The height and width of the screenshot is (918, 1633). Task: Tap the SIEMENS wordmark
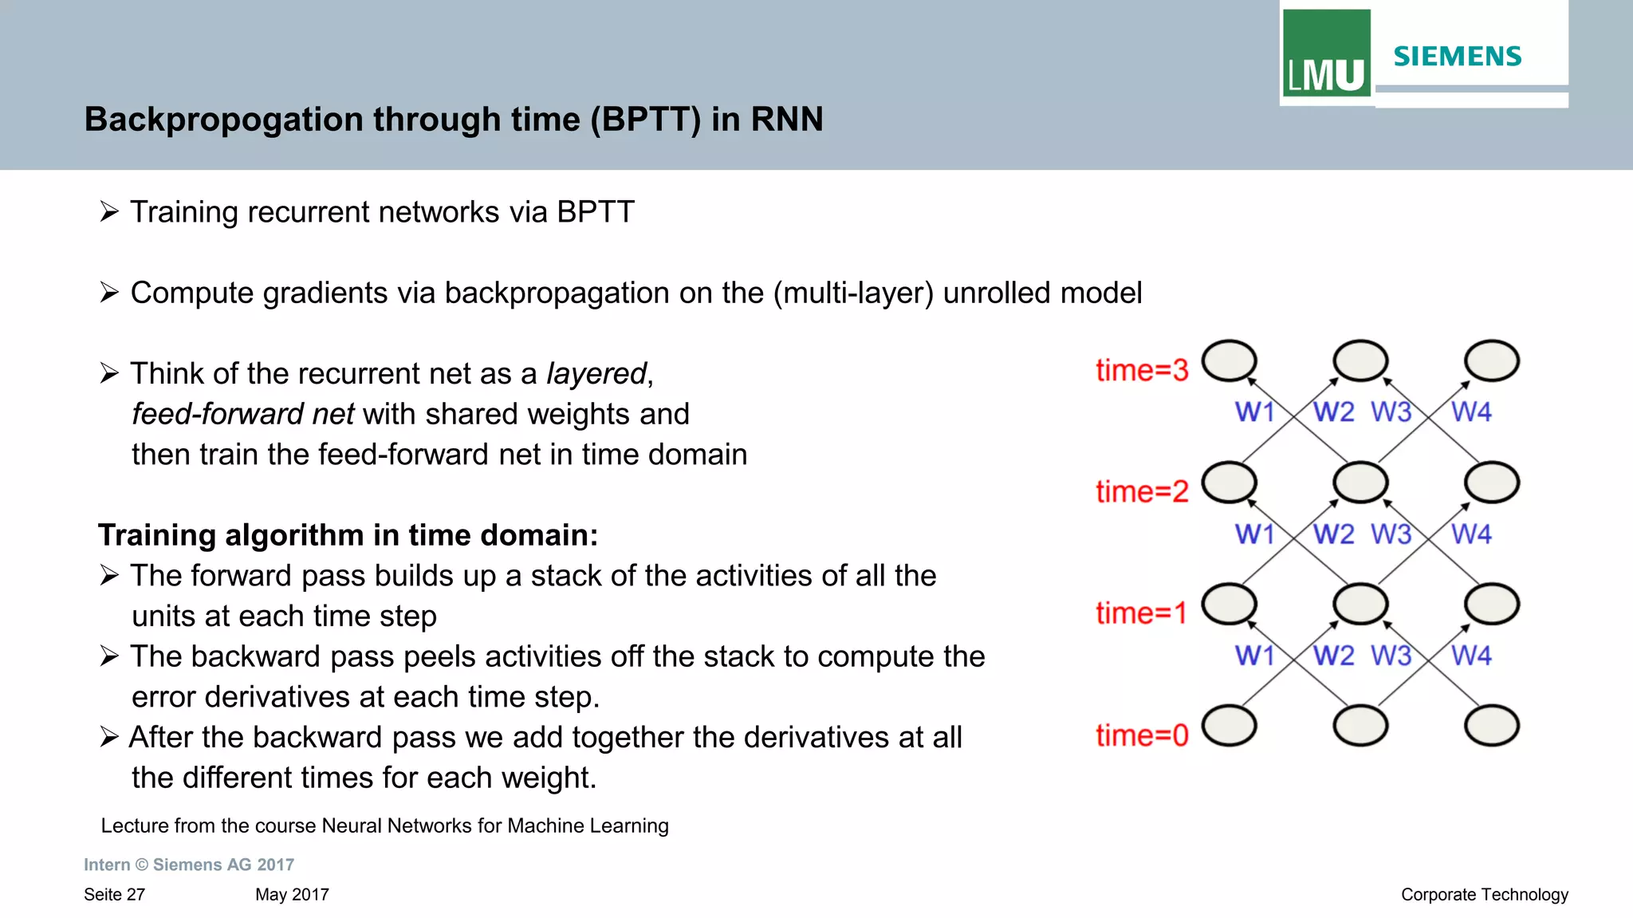coord(1457,57)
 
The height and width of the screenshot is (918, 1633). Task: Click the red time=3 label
coord(1141,371)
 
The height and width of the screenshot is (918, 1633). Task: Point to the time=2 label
coord(1141,492)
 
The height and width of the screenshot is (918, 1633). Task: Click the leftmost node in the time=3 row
coord(1229,361)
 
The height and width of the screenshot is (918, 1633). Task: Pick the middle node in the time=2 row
coord(1360,483)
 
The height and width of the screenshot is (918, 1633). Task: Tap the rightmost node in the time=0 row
coord(1491,726)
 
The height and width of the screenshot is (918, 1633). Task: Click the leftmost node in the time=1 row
coord(1229,605)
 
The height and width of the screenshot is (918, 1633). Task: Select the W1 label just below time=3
coord(1254,412)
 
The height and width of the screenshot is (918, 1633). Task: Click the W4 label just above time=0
coord(1470,656)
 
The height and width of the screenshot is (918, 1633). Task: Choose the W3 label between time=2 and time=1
coord(1391,534)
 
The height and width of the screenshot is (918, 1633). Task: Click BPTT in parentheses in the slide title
coord(645,120)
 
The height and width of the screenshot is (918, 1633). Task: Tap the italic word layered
coord(596,374)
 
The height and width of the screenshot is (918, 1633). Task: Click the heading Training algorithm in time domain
coord(348,535)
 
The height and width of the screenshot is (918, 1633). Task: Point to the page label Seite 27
coord(114,895)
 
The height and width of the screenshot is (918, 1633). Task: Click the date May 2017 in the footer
coord(292,895)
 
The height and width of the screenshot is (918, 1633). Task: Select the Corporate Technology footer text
coord(1484,895)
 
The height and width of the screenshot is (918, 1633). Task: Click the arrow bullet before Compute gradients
coord(109,293)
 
